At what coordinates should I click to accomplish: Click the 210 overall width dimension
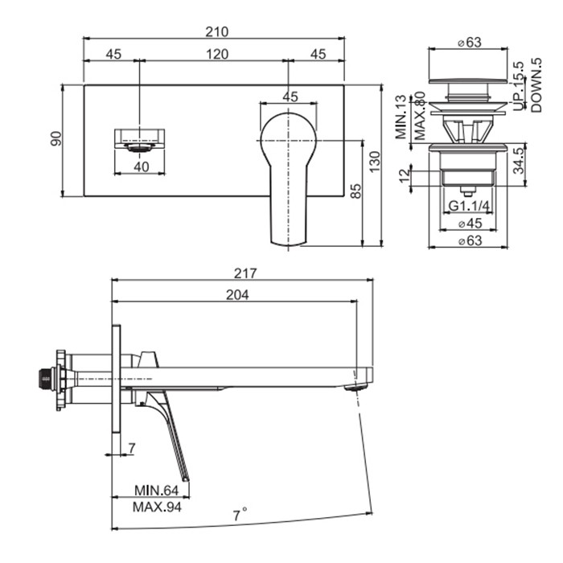(216, 31)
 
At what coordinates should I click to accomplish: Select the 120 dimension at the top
(216, 54)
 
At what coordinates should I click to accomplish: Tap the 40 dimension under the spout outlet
(142, 166)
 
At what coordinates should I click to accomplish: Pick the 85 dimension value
(355, 192)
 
